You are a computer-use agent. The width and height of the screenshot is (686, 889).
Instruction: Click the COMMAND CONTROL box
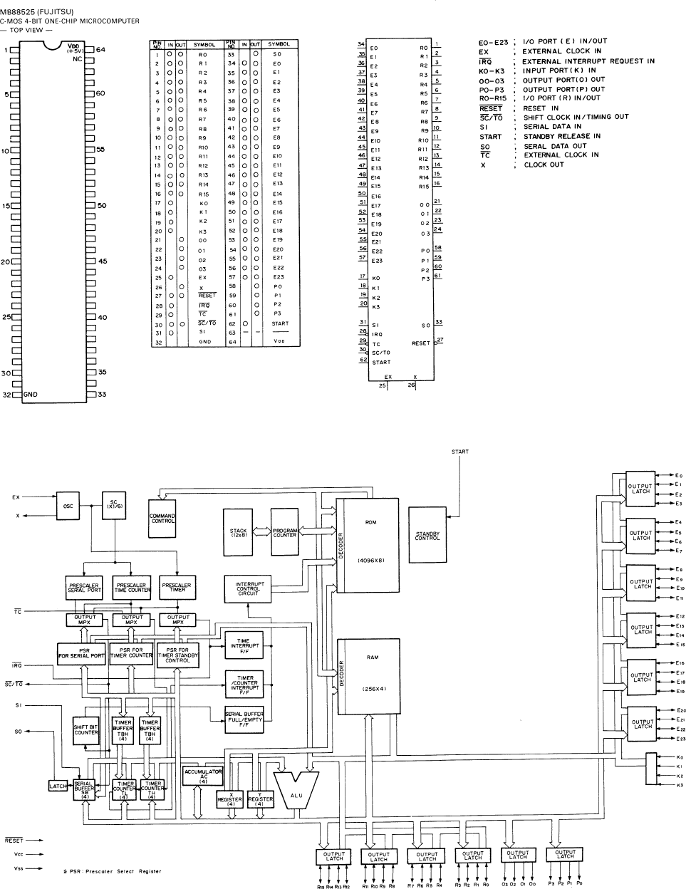[162, 517]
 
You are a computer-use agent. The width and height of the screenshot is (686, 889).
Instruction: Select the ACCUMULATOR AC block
[203, 775]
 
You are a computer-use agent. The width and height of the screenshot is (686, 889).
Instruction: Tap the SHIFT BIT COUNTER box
[86, 729]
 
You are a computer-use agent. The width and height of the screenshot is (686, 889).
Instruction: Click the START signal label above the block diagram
[460, 452]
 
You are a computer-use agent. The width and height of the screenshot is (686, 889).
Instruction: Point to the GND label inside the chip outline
[31, 394]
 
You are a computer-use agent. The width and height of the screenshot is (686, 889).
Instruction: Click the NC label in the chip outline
[78, 60]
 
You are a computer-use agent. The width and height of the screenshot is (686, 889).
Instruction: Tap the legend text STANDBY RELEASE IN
[561, 136]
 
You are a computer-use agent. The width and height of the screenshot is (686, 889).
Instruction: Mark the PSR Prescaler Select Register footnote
[111, 870]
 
